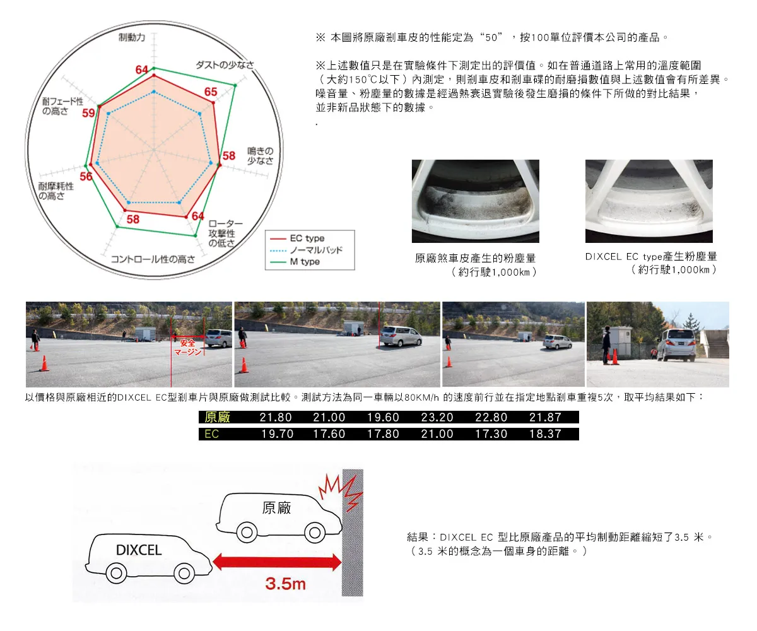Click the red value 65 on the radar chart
coord(211,91)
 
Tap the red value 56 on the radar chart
coord(86,176)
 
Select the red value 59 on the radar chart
coord(88,113)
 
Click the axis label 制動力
coord(132,37)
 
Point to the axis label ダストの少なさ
coord(225,65)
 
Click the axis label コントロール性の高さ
coord(153,259)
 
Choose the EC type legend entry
coord(297,239)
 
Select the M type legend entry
coord(295,262)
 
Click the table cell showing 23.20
coord(437,417)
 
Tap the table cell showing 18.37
coord(545,434)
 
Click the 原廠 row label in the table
coord(217,417)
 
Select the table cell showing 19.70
coord(278,434)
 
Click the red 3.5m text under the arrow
coord(285,584)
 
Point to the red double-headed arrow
coord(277,562)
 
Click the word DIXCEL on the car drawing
coord(139,550)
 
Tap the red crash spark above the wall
coord(341,492)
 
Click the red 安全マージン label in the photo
coord(187,347)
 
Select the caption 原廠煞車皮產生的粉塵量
coord(475,258)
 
